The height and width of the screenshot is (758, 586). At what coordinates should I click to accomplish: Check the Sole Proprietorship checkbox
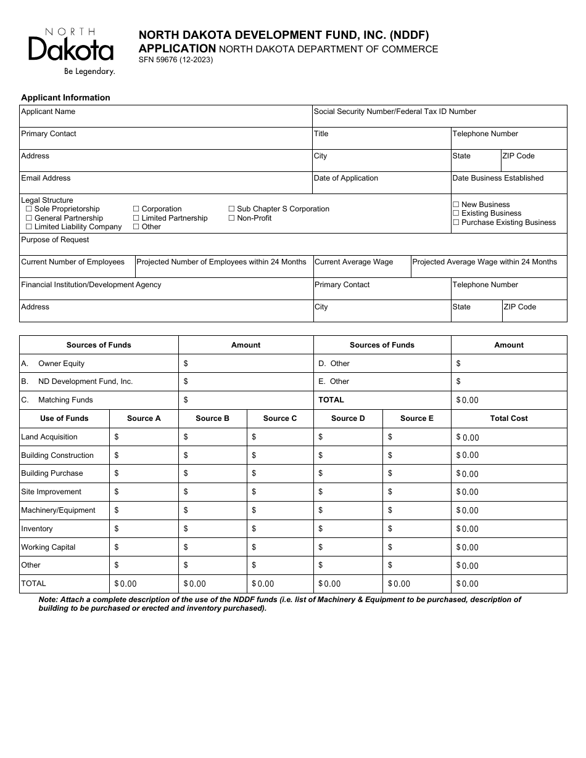point(29,209)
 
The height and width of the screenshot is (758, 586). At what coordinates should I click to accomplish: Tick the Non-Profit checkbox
point(231,218)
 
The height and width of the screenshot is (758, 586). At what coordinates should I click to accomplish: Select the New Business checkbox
point(456,205)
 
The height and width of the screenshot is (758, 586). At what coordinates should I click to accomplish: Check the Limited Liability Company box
point(29,227)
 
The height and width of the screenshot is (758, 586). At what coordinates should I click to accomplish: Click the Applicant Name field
point(165,119)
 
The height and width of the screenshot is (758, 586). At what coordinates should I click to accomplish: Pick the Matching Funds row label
point(65,400)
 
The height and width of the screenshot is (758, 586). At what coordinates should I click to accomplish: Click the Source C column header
point(279,418)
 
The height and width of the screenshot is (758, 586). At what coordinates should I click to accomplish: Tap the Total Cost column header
point(508,418)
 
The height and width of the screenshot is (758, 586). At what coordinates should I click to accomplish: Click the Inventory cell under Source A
point(144,529)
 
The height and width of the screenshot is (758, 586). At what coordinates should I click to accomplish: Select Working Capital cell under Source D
point(348,547)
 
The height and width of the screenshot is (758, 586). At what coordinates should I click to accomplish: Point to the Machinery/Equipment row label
point(58,510)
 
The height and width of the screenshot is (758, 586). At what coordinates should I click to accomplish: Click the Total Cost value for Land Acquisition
point(510,437)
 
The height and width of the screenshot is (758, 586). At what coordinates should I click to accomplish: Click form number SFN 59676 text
point(176,60)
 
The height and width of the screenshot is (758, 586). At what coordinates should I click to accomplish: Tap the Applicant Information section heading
point(65,97)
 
